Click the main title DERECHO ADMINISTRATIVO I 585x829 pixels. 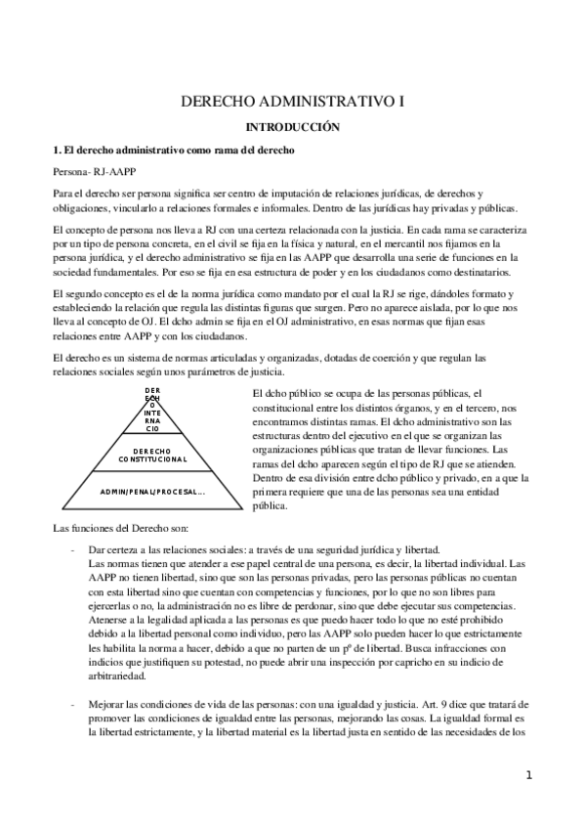(292, 101)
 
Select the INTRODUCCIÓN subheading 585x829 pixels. (292, 127)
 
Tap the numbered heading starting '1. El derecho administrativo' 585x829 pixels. (173, 150)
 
